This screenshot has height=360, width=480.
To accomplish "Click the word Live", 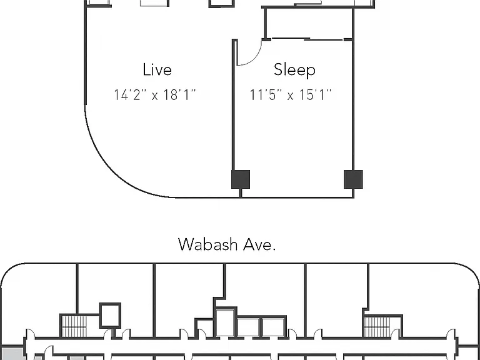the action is [157, 69].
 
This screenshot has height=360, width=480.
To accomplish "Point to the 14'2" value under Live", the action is [127, 94].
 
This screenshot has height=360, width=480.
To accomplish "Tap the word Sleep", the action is [294, 69].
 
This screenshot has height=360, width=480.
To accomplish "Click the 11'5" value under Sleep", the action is [263, 94].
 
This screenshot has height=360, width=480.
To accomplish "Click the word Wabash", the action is [208, 244].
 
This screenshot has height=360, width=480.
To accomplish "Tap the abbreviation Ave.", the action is [259, 244].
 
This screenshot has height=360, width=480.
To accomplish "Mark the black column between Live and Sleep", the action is [241, 179].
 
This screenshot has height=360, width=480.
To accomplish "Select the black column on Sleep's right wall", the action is [354, 179].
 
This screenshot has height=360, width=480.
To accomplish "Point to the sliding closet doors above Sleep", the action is [307, 39].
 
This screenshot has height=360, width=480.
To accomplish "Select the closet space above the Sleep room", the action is [309, 23].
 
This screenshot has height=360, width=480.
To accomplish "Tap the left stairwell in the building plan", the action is [74, 326].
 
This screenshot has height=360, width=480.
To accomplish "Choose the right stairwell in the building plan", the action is [377, 327].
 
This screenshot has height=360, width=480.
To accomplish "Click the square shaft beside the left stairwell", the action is [110, 315].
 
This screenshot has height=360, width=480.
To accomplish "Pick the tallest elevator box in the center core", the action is [225, 322].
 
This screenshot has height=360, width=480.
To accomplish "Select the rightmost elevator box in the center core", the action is [273, 327].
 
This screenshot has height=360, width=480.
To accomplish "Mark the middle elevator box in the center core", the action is [248, 327].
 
